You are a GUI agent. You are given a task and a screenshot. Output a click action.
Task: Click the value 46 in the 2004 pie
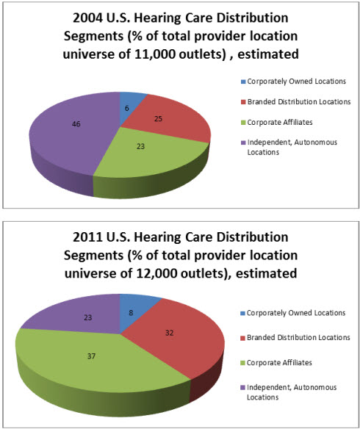coord(76,124)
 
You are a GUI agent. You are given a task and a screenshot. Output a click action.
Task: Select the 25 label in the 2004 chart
coord(159,119)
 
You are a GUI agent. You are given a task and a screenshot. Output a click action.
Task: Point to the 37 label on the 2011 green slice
coord(91,356)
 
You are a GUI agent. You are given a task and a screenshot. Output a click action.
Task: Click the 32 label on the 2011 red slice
coord(169,333)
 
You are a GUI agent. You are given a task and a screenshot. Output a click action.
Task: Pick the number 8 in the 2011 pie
coord(131,313)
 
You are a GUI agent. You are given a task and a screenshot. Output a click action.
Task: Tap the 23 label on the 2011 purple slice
coord(87,317)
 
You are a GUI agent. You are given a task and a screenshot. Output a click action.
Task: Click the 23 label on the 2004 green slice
coord(140,147)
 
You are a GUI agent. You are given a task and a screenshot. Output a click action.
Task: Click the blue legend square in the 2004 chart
coord(243,82)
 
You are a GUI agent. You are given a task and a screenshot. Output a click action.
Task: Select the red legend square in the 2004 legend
coord(243,102)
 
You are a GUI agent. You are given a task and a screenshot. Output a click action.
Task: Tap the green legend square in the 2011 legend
coord(242,363)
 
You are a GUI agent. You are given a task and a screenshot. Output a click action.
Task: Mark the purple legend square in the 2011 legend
coord(242,388)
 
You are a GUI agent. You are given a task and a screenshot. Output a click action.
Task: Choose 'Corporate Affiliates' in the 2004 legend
coord(280,122)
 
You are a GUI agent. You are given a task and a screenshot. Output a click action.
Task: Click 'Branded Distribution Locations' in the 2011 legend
coord(298,337)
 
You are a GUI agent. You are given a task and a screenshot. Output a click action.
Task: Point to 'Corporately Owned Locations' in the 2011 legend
coord(296,313)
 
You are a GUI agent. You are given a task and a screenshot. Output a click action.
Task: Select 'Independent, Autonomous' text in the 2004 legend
coord(292,143)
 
